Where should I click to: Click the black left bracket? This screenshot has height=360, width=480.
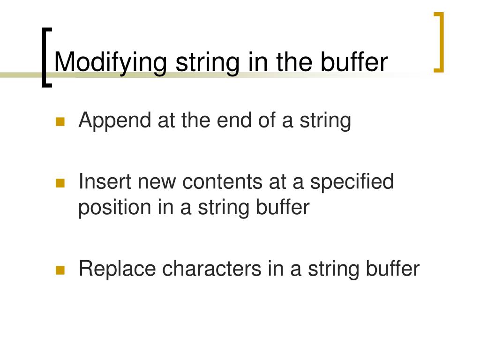point(45,57)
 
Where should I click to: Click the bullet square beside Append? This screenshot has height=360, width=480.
point(60,122)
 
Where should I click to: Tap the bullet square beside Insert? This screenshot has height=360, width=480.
point(60,183)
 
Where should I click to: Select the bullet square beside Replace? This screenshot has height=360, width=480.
point(60,270)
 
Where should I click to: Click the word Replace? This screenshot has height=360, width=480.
point(117,269)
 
